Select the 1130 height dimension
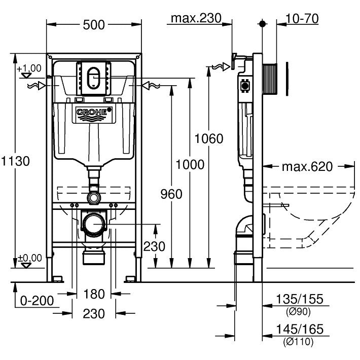(x=16, y=161)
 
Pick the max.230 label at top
(x=196, y=18)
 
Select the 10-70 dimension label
(x=302, y=18)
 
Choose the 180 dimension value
(x=94, y=294)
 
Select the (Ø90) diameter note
(x=300, y=311)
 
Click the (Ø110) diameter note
(x=300, y=342)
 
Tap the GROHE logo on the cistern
(x=93, y=112)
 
